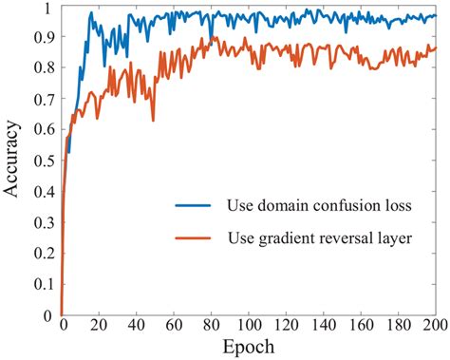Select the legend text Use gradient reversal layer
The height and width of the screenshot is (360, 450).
(x=318, y=239)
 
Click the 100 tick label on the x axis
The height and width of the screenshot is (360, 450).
(x=248, y=326)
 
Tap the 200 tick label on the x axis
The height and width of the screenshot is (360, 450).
(x=433, y=326)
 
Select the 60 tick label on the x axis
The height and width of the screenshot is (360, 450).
(x=174, y=326)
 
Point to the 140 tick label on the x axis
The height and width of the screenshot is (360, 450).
(x=323, y=326)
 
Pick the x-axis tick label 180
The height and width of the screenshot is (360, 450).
(x=398, y=326)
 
